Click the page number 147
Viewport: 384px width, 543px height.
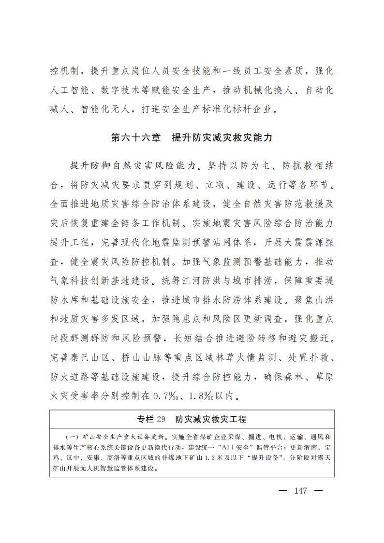click(300, 490)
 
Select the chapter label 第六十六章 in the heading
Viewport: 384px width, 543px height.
click(135, 138)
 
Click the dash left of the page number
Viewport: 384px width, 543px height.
click(283, 490)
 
